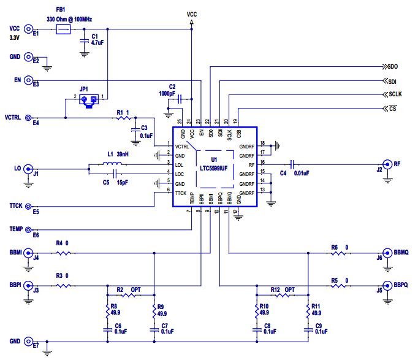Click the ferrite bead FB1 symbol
click(x=63, y=29)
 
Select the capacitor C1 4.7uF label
click(x=99, y=40)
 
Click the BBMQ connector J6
click(x=388, y=253)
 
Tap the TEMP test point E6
click(x=28, y=230)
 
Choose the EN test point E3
click(x=28, y=80)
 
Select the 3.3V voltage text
click(x=15, y=38)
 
